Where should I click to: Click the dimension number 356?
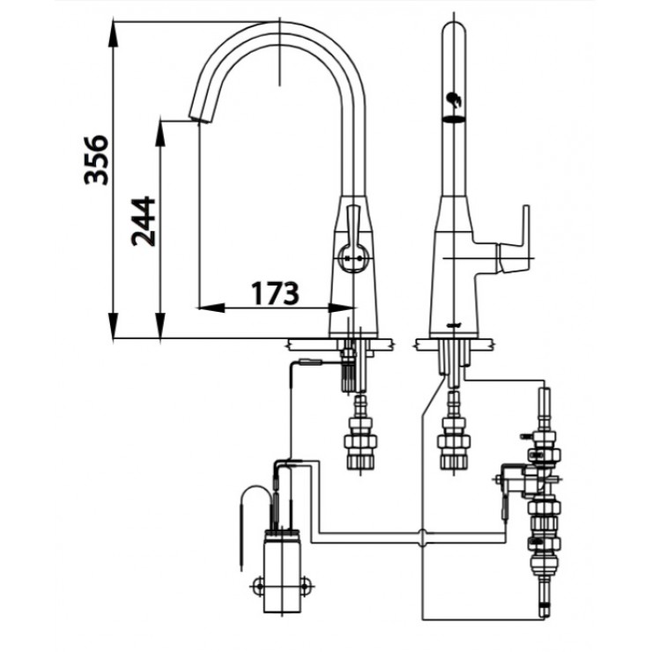(x=96, y=159)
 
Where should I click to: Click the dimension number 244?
(x=144, y=221)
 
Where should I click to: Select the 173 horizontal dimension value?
(x=274, y=292)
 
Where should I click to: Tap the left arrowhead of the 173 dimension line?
(x=204, y=307)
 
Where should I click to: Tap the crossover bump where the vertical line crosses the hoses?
(x=424, y=535)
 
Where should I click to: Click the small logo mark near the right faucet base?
(x=453, y=326)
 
